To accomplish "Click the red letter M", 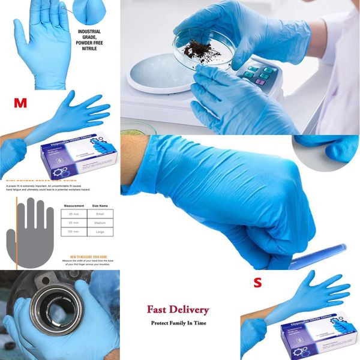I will click(x=20, y=103).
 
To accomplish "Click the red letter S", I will click(x=257, y=283).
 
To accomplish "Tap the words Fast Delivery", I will click(x=178, y=310).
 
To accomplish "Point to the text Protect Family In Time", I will click(x=178, y=323).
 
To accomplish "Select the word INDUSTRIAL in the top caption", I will click(x=89, y=31).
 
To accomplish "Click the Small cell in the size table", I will click(x=98, y=214).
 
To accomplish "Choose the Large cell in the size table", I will click(x=98, y=232).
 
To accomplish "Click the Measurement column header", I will click(x=73, y=205).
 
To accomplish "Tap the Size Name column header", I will click(x=99, y=205).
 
